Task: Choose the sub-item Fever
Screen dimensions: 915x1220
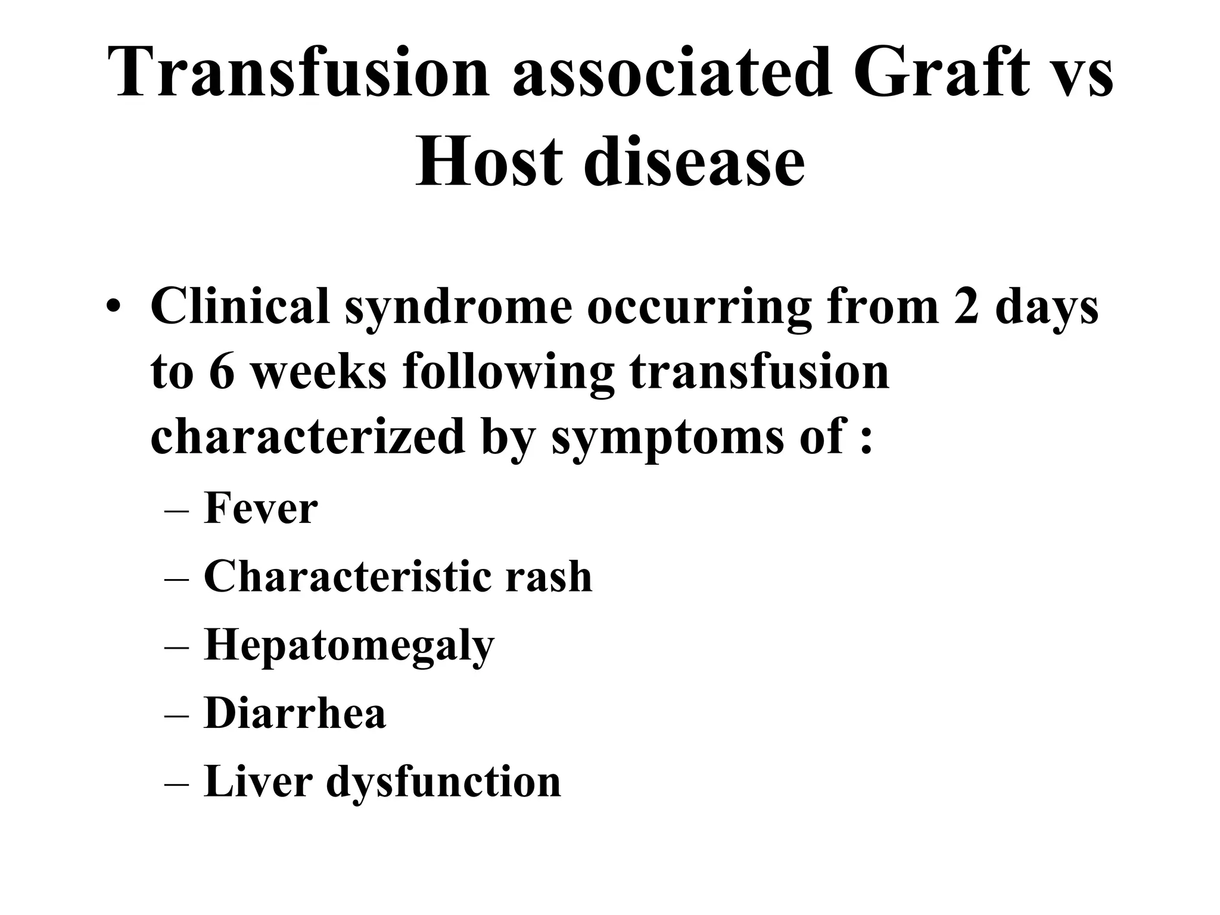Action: click(260, 509)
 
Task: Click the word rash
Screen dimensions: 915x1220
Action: click(549, 577)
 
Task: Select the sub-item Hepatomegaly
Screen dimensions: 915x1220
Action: click(349, 646)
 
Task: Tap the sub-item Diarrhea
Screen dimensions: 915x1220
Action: click(295, 713)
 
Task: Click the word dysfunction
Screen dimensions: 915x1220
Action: click(443, 781)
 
